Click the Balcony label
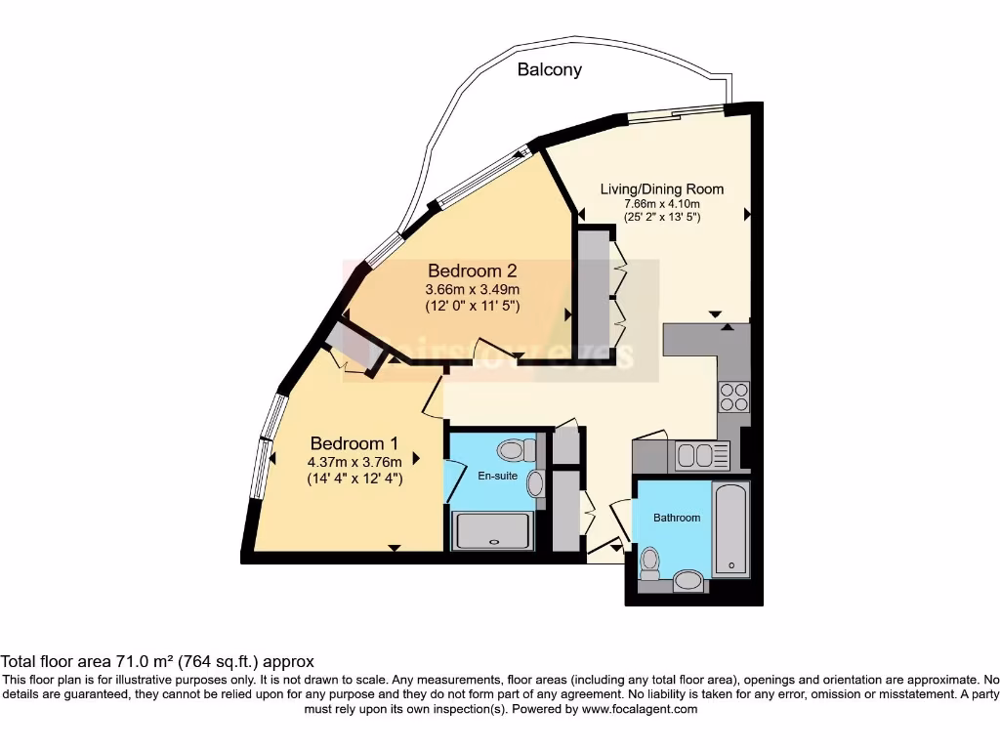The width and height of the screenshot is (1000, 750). [549, 69]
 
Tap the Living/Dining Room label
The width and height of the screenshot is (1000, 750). [661, 188]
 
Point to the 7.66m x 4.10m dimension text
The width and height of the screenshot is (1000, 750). [661, 203]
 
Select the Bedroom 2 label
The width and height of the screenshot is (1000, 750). [472, 271]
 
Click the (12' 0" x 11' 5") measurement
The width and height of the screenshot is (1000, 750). [472, 306]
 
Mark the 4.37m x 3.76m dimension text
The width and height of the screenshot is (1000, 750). [355, 462]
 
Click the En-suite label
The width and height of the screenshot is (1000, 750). [490, 477]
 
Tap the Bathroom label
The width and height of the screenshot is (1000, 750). [677, 518]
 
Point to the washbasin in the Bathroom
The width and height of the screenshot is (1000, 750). [690, 582]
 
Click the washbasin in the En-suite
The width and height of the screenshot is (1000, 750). [535, 483]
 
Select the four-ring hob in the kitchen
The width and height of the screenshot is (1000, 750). [734, 396]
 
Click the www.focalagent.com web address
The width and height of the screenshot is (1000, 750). [639, 709]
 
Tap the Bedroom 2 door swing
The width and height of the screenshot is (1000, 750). [487, 348]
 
